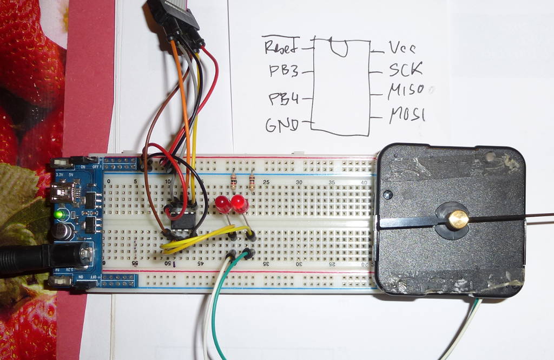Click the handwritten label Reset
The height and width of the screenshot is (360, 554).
point(280,47)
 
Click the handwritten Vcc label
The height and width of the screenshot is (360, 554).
point(402,48)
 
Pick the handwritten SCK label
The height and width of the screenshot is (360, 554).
point(405,70)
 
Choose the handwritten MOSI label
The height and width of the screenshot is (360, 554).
point(407,115)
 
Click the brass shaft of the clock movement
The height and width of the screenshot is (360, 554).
point(457,219)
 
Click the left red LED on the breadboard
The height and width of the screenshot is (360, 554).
point(222,204)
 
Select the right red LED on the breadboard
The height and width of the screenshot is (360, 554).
point(239,204)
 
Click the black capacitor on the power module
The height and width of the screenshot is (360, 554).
point(62,232)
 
